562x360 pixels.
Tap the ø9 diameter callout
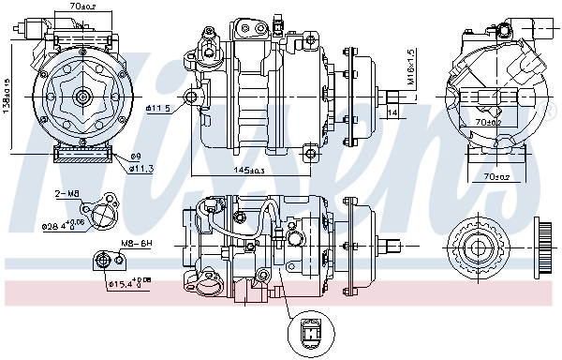click(x=135, y=156)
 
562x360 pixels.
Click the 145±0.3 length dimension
click(x=247, y=170)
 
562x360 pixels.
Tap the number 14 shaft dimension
click(x=392, y=112)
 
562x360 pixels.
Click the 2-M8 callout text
click(x=67, y=194)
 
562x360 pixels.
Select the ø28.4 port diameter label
click(x=67, y=224)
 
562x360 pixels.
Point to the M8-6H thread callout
click(x=136, y=243)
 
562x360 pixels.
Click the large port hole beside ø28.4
click(x=104, y=217)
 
